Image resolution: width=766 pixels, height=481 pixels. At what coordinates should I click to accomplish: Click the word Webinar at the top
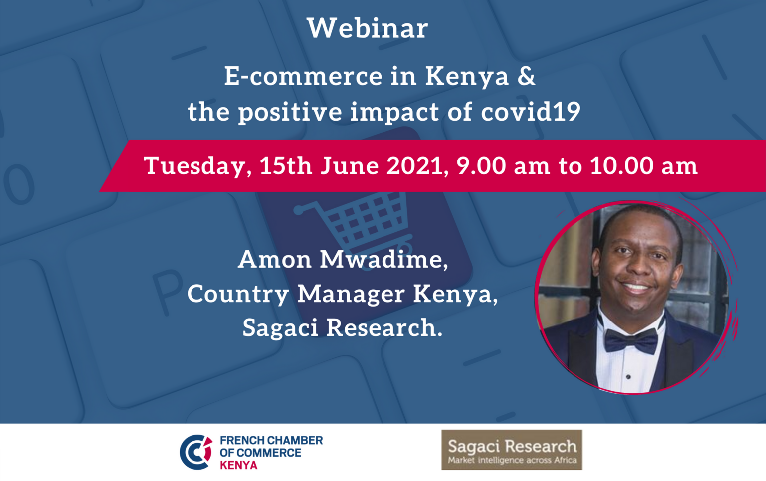(x=368, y=28)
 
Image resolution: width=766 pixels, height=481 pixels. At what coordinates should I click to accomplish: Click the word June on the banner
(x=349, y=166)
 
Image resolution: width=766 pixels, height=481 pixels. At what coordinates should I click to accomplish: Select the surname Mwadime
(x=383, y=260)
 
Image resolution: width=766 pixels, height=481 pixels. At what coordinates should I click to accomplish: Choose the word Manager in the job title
(x=351, y=295)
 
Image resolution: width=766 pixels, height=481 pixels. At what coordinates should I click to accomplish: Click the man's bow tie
(x=631, y=340)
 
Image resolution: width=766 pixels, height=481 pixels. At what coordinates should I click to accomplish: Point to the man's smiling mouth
(x=635, y=287)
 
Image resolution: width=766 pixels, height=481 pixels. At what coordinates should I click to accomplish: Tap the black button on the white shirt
(x=628, y=377)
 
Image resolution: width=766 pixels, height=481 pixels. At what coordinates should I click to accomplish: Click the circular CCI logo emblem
(x=196, y=452)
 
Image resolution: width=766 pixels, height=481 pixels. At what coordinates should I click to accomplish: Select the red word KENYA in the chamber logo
(x=239, y=465)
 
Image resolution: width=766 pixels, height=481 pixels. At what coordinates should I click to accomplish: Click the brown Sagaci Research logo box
(x=512, y=450)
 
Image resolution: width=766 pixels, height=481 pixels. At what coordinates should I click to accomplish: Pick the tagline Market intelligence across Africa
(x=512, y=460)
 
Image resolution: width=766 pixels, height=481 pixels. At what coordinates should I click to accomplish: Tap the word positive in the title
(x=290, y=112)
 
